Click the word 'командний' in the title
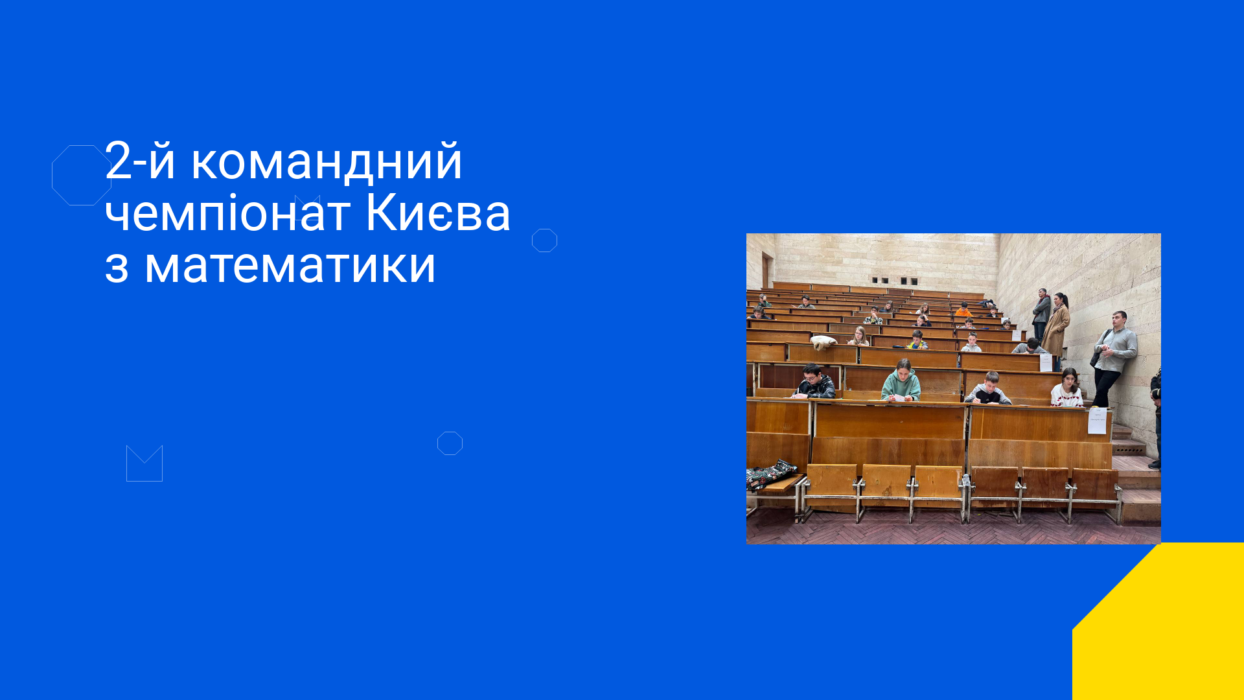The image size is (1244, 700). (327, 161)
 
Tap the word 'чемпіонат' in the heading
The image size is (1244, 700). (228, 213)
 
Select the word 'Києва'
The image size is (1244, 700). (438, 213)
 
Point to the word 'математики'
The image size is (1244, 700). (290, 265)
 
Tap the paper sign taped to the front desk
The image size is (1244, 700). (1097, 421)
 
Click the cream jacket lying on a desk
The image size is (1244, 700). (824, 342)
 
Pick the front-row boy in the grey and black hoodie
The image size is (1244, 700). (989, 388)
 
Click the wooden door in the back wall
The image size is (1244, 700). (767, 270)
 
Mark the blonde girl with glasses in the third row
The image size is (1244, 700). (858, 336)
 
